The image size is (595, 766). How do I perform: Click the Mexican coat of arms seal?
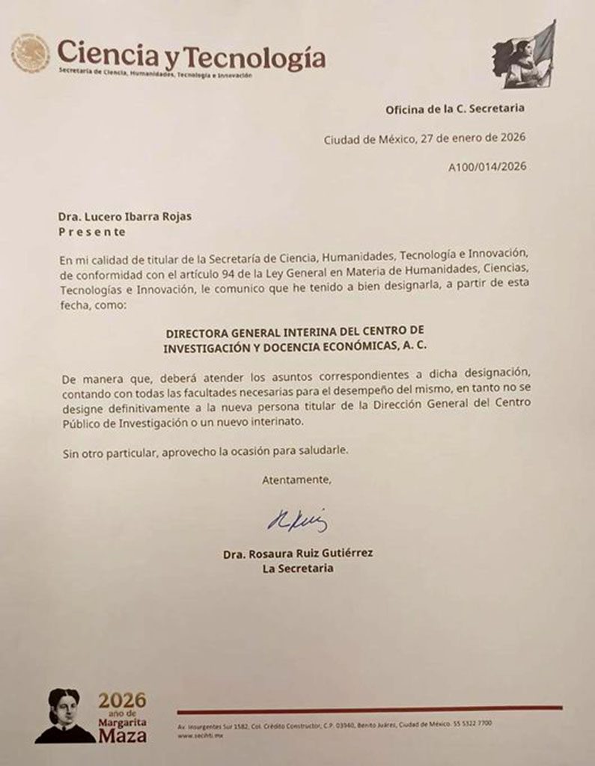pyautogui.click(x=30, y=53)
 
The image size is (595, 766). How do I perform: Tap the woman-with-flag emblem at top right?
pyautogui.click(x=524, y=55)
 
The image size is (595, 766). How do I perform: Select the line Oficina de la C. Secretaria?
pyautogui.click(x=455, y=108)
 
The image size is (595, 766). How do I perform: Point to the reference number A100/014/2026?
pyautogui.click(x=486, y=167)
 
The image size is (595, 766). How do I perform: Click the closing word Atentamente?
pyautogui.click(x=295, y=479)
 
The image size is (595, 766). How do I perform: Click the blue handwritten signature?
pyautogui.click(x=297, y=519)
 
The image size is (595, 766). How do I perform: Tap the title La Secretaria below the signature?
pyautogui.click(x=297, y=569)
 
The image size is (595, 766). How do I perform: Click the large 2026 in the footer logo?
pyautogui.click(x=123, y=701)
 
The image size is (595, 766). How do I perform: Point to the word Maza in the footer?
pyautogui.click(x=123, y=736)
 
